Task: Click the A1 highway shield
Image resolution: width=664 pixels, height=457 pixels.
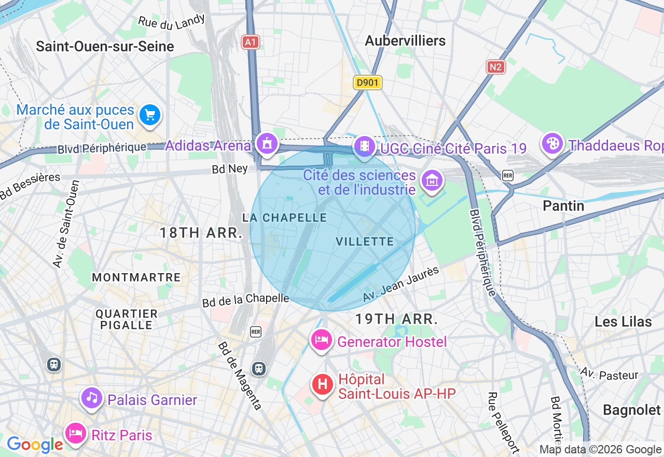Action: [x=251, y=42]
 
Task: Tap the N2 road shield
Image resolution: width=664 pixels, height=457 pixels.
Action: [x=496, y=66]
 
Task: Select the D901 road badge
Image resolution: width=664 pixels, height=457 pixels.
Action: [x=368, y=82]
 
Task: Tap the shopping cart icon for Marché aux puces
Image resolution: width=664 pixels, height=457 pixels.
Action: [x=150, y=115]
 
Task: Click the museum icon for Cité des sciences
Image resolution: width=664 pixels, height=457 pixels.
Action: [x=432, y=180]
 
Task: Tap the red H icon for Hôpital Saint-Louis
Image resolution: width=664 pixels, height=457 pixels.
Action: [x=322, y=385]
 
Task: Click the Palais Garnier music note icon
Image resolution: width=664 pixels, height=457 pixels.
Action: [x=92, y=398]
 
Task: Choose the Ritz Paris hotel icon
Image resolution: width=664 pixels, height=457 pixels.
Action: [x=76, y=433]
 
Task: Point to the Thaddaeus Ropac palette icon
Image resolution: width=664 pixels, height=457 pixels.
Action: [x=553, y=143]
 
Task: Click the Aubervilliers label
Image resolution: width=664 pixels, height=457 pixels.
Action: [x=405, y=41]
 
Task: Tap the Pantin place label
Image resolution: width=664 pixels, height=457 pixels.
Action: [x=563, y=206]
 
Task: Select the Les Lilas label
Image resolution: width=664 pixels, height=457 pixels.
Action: [x=623, y=321]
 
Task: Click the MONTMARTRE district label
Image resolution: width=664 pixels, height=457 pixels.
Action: [x=136, y=277]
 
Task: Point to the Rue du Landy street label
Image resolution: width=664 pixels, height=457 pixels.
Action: [x=171, y=21]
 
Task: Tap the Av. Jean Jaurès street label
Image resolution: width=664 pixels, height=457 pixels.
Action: [x=401, y=285]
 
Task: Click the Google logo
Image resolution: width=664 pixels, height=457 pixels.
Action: [x=35, y=445]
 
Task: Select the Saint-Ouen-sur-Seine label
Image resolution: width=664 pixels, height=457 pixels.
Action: [x=105, y=46]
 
